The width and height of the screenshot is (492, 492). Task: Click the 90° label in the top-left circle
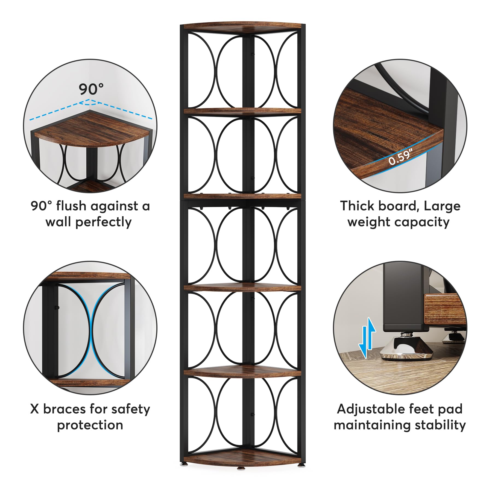91,89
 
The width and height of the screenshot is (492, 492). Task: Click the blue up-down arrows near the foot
368,338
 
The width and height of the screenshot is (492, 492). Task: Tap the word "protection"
90,425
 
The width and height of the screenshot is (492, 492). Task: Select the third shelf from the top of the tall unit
242,196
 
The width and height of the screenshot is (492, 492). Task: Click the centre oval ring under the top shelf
245,72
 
